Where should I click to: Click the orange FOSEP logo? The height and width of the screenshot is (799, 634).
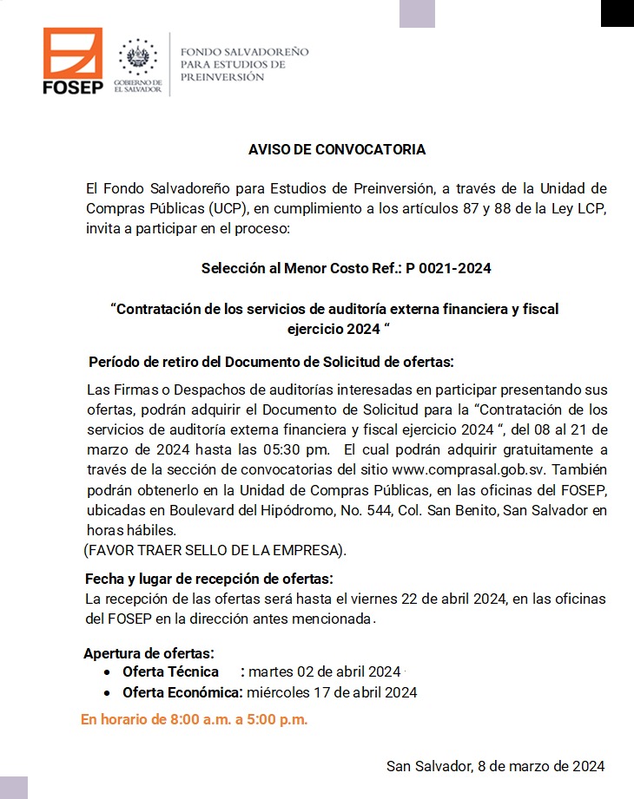click(73, 60)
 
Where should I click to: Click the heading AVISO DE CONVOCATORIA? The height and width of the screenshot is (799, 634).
click(337, 149)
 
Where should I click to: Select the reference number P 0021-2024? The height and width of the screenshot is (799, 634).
click(448, 268)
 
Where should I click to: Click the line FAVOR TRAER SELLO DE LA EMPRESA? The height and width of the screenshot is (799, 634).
click(215, 550)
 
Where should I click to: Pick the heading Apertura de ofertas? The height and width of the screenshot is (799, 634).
click(149, 653)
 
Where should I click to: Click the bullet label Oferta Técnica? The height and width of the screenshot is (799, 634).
click(170, 672)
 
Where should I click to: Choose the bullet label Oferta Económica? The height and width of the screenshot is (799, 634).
click(182, 692)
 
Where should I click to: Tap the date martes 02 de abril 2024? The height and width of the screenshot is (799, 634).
click(324, 672)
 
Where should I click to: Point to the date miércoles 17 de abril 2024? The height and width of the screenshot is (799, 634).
click(332, 692)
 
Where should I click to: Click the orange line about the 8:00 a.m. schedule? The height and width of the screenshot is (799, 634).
click(195, 719)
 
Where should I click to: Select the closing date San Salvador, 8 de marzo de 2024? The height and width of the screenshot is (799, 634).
click(495, 766)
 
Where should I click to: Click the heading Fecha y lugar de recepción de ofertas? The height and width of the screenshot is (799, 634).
click(208, 579)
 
